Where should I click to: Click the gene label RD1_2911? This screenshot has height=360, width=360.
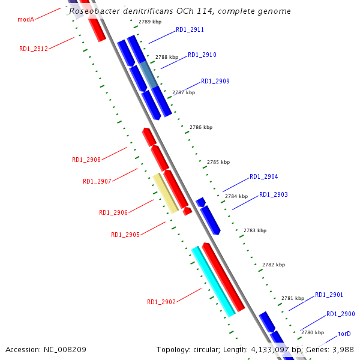[190, 29]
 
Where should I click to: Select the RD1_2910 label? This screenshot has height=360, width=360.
[202, 55]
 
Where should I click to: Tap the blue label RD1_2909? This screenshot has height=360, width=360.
[215, 81]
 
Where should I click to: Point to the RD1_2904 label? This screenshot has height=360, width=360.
[263, 176]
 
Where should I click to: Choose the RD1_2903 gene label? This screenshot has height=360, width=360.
[273, 194]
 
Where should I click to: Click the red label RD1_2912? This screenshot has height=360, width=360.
[34, 49]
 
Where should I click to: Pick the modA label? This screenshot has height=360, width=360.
[26, 19]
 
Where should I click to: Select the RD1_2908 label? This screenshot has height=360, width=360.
[86, 160]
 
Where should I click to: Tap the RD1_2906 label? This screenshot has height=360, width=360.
[113, 212]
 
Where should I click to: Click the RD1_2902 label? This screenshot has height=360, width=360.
[161, 302]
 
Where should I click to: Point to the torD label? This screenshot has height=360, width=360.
[344, 334]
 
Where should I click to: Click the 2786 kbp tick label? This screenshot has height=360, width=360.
[201, 127]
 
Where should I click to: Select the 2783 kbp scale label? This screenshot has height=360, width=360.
[255, 230]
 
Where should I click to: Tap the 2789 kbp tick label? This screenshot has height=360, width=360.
[149, 22]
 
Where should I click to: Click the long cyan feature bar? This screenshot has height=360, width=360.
[213, 281]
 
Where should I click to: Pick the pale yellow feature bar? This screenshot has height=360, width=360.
[165, 193]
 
